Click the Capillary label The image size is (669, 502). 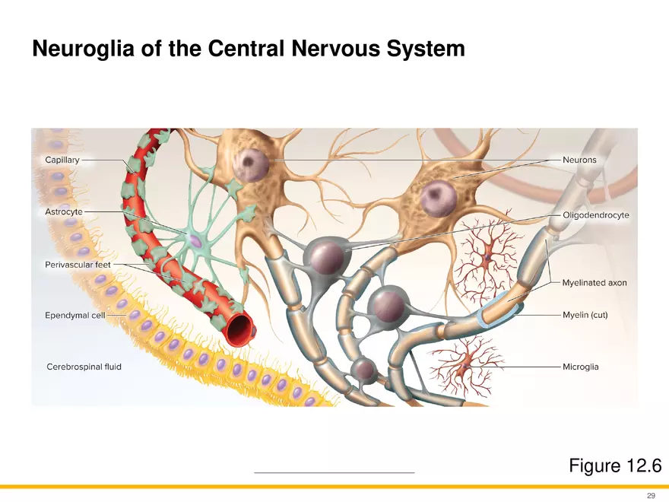pyautogui.click(x=63, y=160)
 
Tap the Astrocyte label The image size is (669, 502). pyautogui.click(x=64, y=211)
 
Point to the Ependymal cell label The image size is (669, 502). pyautogui.click(x=75, y=314)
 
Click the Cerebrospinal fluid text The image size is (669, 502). pyautogui.click(x=84, y=367)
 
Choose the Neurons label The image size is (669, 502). pyautogui.click(x=579, y=160)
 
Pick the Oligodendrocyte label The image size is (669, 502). pyautogui.click(x=595, y=215)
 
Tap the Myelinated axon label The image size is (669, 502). pyautogui.click(x=594, y=282)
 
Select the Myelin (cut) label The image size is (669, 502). pyautogui.click(x=585, y=314)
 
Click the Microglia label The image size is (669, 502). pyautogui.click(x=580, y=367)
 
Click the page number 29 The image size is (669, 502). pyautogui.click(x=651, y=495)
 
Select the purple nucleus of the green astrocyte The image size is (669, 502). pyautogui.click(x=195, y=241)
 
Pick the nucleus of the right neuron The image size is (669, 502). pyautogui.click(x=439, y=199)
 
